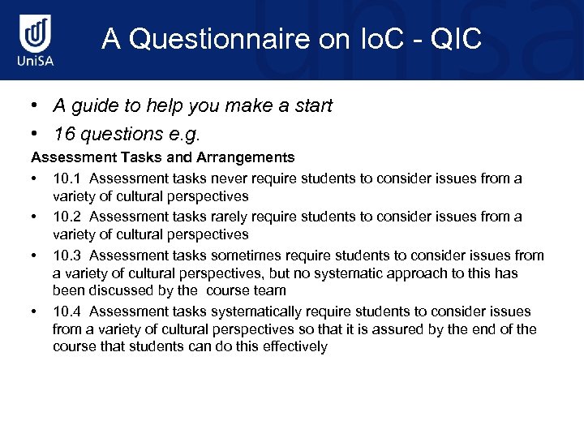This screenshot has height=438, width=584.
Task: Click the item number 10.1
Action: [66, 178]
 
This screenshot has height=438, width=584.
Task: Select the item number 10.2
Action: [66, 217]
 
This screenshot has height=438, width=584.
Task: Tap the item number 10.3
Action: [66, 255]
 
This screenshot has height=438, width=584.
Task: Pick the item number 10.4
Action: [66, 311]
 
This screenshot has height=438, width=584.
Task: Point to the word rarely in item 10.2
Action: [220, 217]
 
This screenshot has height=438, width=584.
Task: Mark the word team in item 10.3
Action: [272, 290]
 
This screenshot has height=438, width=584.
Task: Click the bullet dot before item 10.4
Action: [35, 311]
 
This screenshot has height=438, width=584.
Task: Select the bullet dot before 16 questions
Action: [36, 133]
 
